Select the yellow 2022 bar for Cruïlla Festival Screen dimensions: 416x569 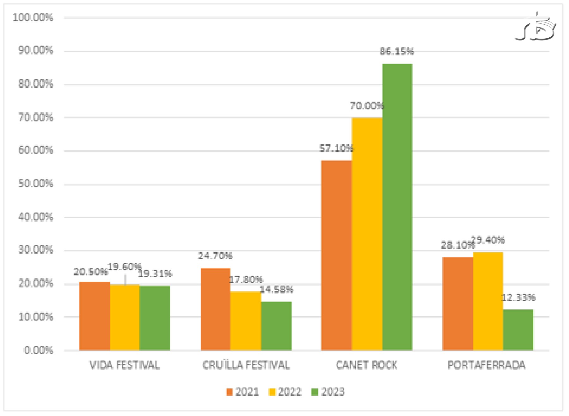coord(246,320)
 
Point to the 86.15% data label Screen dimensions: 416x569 coord(396,51)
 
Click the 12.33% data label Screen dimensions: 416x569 coord(518,297)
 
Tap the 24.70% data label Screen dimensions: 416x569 coord(215,256)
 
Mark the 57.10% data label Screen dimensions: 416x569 coord(336,148)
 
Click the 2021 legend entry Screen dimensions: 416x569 coord(243,392)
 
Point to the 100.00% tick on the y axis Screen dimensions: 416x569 coord(33,18)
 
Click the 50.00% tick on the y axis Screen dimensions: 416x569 coord(35,184)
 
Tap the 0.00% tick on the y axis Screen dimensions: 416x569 coord(38,350)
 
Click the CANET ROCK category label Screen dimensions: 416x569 coord(366,365)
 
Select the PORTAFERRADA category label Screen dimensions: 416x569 coord(486,365)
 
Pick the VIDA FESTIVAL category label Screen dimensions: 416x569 coord(125,365)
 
